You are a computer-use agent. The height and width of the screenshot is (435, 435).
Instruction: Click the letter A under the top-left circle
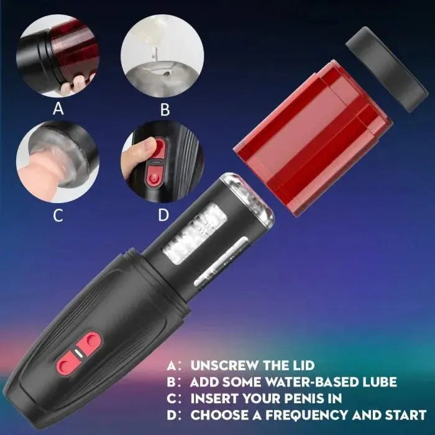coord(58,109)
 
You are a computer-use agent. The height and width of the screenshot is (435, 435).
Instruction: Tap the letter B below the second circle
coord(165,110)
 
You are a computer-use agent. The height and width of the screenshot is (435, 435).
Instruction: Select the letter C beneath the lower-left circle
coord(58,216)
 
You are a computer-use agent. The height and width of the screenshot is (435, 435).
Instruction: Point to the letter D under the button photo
coord(163,216)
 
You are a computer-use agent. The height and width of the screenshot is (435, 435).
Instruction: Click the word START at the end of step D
coord(404,414)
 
